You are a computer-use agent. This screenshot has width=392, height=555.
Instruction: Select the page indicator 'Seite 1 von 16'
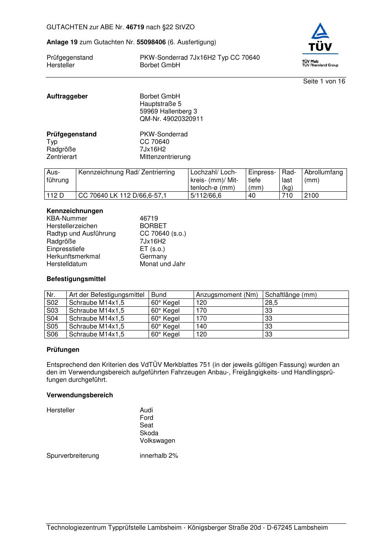coord(324,81)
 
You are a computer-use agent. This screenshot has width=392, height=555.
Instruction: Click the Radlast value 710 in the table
coord(287,196)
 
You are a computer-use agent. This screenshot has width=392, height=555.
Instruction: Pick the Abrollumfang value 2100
coord(311,196)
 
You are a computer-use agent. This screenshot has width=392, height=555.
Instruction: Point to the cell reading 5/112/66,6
coord(206,196)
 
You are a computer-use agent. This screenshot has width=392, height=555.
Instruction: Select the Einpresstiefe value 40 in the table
coord(252,196)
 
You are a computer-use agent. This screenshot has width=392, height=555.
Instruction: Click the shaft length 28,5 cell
coord(271,303)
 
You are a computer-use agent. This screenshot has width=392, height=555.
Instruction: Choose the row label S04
coord(52,319)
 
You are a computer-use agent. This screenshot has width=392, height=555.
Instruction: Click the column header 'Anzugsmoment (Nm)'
coord(227,295)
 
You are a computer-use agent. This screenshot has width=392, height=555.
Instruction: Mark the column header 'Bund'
coord(159,295)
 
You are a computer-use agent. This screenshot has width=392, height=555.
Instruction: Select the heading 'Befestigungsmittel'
coord(76,279)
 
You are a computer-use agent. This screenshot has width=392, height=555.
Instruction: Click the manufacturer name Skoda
coord(149,433)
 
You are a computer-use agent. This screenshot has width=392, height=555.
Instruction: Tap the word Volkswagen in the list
coord(157,441)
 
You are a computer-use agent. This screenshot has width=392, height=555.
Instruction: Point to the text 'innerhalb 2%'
coord(159,456)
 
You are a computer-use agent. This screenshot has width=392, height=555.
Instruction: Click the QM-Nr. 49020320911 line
coord(171,119)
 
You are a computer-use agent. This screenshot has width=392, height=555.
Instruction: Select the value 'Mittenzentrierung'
coord(165,157)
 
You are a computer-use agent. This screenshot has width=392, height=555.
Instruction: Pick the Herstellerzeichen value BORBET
coord(153,226)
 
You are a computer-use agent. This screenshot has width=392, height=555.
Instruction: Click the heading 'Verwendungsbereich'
coord(79,395)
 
